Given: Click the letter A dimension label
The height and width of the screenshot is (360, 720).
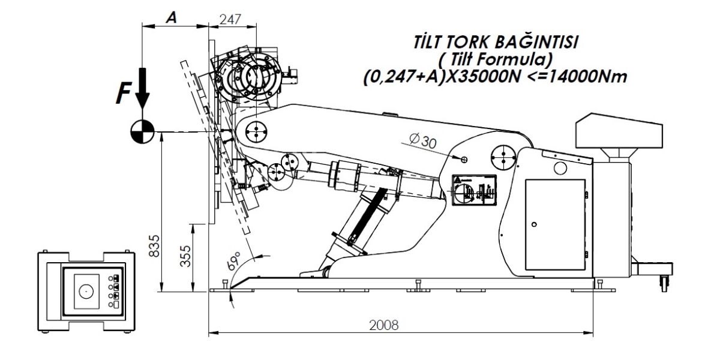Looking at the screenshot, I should pyautogui.click(x=170, y=18).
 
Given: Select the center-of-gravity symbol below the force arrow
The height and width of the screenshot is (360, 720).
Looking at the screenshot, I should pyautogui.click(x=143, y=129).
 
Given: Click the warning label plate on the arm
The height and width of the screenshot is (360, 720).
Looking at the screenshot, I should pyautogui.click(x=473, y=191).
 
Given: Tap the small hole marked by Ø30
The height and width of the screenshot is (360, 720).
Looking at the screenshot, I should pyautogui.click(x=464, y=159).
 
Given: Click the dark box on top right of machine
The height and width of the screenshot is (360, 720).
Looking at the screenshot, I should pyautogui.click(x=618, y=133).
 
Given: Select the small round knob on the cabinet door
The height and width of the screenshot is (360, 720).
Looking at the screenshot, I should pyautogui.click(x=535, y=224).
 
